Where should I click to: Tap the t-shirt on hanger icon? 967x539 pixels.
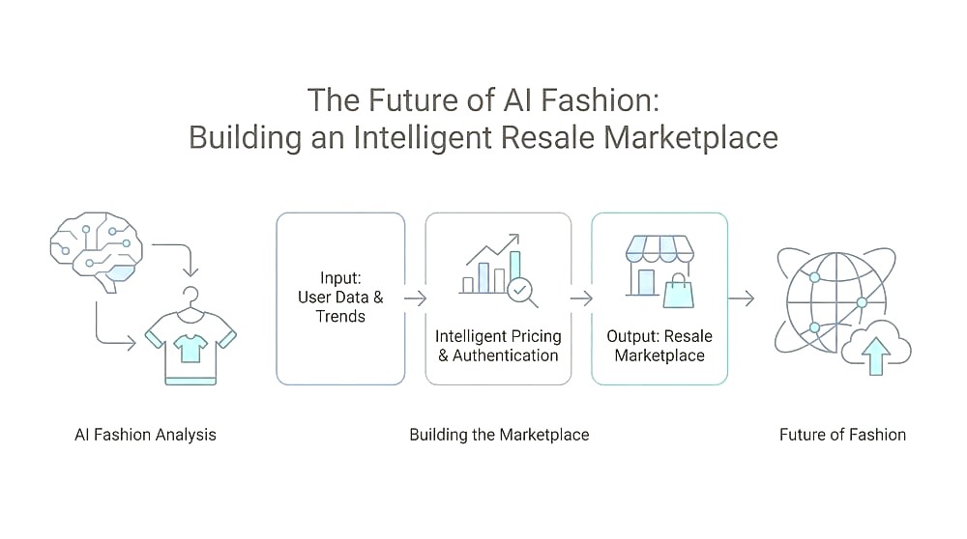pos(190,336)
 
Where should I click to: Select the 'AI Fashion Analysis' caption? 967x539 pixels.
pos(146,435)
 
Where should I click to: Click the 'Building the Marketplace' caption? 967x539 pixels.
pos(500,435)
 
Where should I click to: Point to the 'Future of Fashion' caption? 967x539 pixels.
pos(842,435)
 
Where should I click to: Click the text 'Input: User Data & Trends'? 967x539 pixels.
pos(340,297)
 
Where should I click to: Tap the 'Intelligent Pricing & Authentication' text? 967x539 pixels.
pos(498,346)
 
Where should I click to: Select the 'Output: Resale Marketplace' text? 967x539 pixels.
pos(659,346)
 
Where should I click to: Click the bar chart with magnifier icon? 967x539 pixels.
pos(498,269)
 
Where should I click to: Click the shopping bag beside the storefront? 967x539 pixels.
pos(679,292)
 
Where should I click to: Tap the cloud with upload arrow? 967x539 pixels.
pos(876,349)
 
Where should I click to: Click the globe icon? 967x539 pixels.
pos(835,301)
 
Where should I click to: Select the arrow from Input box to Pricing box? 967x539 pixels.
pos(415,298)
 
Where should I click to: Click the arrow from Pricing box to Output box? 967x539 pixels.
pos(581,298)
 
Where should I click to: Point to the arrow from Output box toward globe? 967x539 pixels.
pos(742,298)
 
